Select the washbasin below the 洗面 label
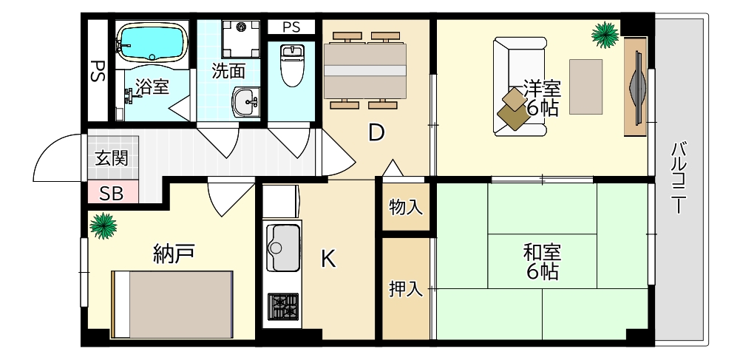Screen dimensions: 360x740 pos(246,101)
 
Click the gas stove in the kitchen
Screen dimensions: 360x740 pos(282,306)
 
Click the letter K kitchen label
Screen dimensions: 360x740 pos(328,259)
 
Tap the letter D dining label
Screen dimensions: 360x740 pos(376,133)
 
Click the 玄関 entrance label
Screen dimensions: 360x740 pos(112,158)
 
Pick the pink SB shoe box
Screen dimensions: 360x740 pos(112,194)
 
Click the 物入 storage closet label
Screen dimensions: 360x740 pos(406,208)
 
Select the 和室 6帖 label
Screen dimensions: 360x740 pos(542,261)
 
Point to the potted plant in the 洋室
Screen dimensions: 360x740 pos(605,34)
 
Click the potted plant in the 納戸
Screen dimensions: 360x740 pos(103,224)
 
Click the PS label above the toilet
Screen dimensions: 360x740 pos(291,27)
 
